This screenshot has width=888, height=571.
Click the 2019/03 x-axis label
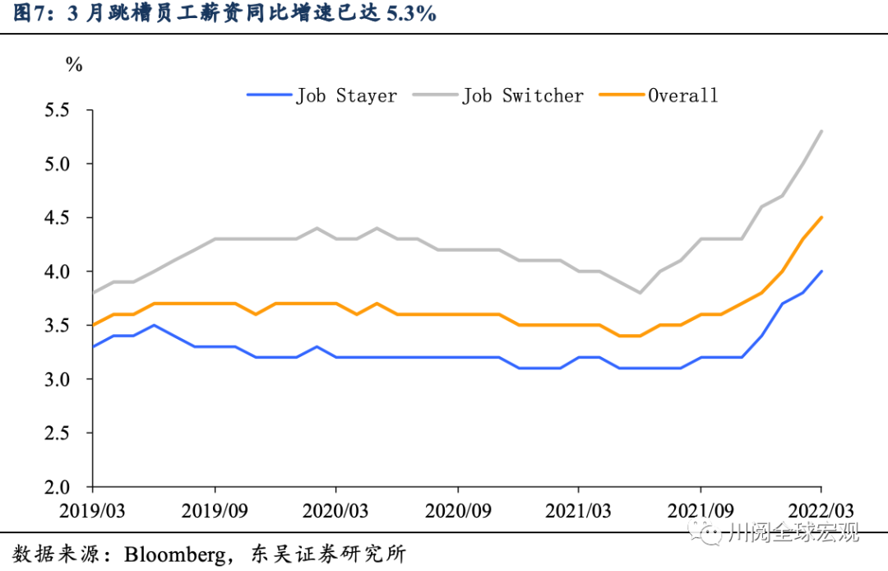pos(93,510)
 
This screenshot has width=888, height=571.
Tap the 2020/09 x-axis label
pos(457,510)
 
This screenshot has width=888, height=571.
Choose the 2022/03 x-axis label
pos(821,510)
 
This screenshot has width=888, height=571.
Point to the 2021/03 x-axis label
pos(579,510)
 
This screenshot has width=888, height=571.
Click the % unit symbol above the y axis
pos(74,65)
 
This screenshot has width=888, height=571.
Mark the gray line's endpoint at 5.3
pos(821,132)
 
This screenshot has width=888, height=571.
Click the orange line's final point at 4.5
pos(821,218)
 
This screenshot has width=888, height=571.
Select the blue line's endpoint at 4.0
pos(821,272)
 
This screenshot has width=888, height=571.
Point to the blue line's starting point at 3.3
pos(93,347)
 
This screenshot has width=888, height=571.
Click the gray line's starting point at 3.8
pos(93,293)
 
